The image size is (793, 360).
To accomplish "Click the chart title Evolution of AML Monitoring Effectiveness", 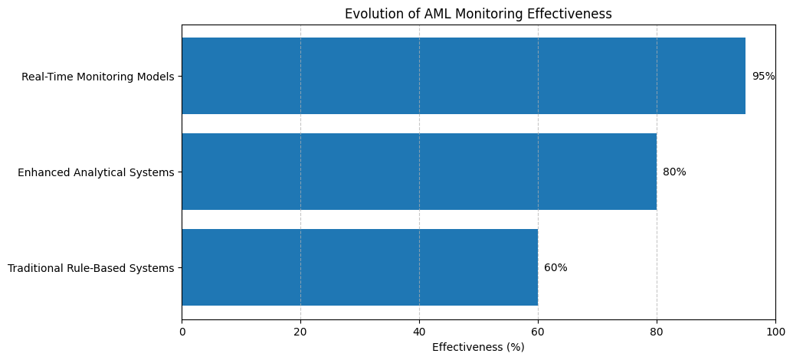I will tap(478, 14).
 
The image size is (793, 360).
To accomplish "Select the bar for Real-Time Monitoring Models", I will tap(463, 76).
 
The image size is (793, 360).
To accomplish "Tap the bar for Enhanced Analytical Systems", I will tap(418, 172).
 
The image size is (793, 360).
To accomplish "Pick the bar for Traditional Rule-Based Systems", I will tap(359, 267).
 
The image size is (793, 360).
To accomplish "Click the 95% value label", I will tap(763, 76).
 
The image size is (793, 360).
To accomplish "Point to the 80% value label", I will tap(674, 172).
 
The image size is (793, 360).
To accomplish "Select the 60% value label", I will tap(555, 267).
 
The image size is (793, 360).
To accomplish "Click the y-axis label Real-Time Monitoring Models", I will tap(97, 77).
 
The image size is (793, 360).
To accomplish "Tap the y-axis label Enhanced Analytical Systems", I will tap(96, 172).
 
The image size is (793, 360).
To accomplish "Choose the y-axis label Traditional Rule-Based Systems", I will tap(90, 268).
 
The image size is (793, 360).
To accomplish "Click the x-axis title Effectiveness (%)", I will tap(478, 347).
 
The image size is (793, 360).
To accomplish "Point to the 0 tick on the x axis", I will tap(182, 332).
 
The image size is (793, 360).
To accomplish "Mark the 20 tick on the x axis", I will tap(300, 332).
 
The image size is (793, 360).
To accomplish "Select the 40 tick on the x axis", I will tap(419, 332).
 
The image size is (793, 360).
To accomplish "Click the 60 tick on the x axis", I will tap(538, 332).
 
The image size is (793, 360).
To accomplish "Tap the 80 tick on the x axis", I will tap(657, 332).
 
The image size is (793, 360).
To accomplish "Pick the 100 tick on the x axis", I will tap(775, 332).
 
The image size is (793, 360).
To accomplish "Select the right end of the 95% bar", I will tap(745, 76).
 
